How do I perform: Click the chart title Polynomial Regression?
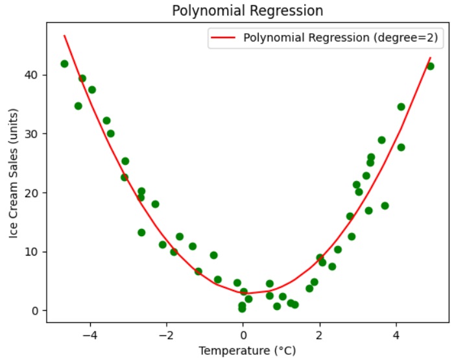click(x=247, y=11)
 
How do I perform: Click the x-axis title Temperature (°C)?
click(x=247, y=351)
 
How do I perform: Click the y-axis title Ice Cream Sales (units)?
click(x=14, y=174)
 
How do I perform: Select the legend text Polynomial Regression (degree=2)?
click(x=341, y=38)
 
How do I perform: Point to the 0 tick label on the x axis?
click(x=243, y=335)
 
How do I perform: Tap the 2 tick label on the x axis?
click(x=320, y=335)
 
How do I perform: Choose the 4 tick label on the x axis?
click(x=396, y=335)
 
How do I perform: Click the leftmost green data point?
click(x=64, y=64)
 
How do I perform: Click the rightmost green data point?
click(x=430, y=66)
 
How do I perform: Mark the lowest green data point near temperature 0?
click(x=242, y=309)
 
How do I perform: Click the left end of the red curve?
click(x=64, y=36)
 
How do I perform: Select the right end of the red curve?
click(x=430, y=58)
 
